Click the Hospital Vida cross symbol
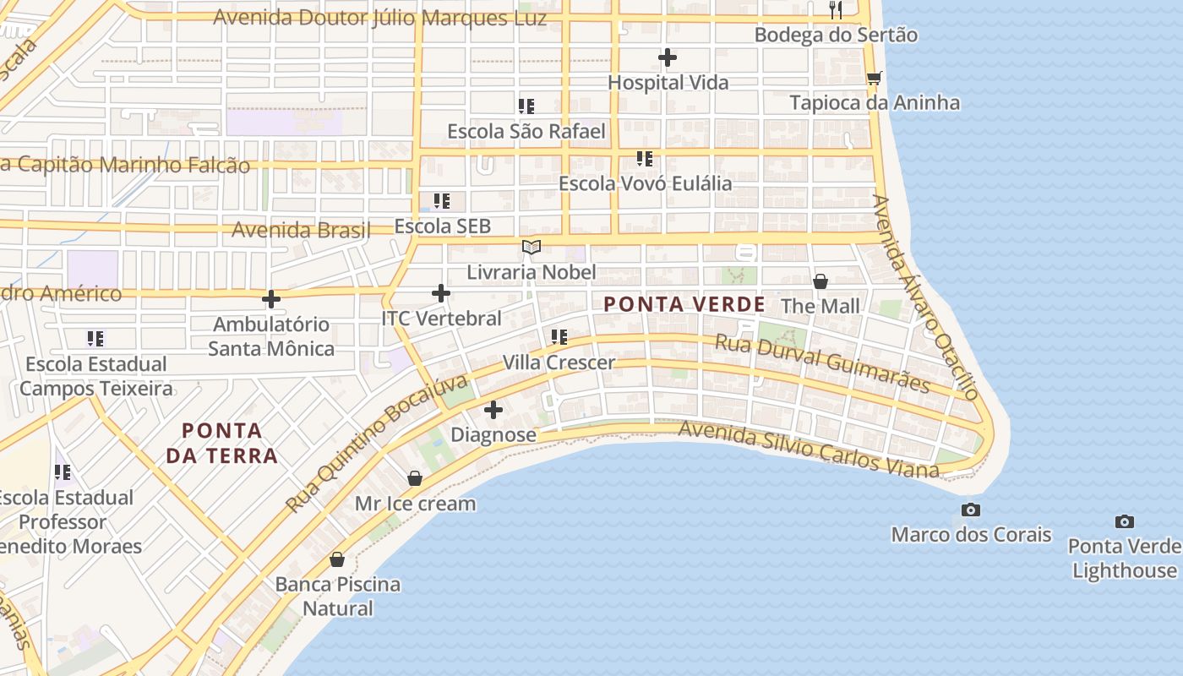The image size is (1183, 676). coord(668,57)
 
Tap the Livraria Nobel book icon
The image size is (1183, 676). coord(532,247)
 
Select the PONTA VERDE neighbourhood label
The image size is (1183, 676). coord(684,304)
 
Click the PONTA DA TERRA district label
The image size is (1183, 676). coord(222,444)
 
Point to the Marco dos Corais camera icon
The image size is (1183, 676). coord(971,510)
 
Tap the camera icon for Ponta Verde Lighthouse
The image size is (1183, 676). coord(1124,521)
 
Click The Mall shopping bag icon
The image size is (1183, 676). coord(820,281)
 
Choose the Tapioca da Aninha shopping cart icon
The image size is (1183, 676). coord(874,78)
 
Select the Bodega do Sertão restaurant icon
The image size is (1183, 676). coord(836,10)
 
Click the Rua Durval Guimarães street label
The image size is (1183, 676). coord(822,363)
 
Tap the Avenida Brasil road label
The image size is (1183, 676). coord(301,230)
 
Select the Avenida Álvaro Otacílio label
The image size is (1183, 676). coord(924,297)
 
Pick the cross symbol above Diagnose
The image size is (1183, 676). coord(493,410)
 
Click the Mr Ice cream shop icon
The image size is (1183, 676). coord(415,478)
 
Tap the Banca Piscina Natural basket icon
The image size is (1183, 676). coord(337,559)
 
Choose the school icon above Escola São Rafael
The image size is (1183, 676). coord(526,106)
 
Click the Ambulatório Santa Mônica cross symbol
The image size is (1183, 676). coord(271,299)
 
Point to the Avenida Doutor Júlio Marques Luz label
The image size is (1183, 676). coord(379,18)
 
